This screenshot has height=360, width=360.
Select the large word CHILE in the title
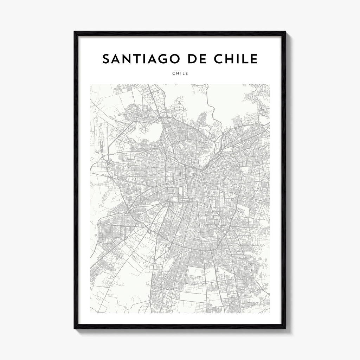tap(240, 59)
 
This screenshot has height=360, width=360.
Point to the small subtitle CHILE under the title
tap(180, 73)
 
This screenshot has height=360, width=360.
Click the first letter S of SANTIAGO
tap(106, 59)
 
